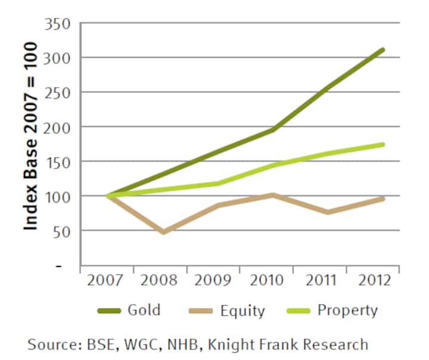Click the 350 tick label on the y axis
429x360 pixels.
pos(58,24)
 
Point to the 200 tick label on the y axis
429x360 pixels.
pos(58,127)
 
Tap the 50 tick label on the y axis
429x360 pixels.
pos(63,231)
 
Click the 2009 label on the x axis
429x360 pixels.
pos(213,281)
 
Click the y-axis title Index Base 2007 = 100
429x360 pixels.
pos(31,136)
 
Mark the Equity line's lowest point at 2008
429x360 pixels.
pos(163,232)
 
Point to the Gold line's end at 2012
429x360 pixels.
pos(383,49)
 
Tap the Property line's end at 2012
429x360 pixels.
pos(383,144)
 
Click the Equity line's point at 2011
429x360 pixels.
pos(328,212)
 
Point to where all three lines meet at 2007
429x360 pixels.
pos(108,195)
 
